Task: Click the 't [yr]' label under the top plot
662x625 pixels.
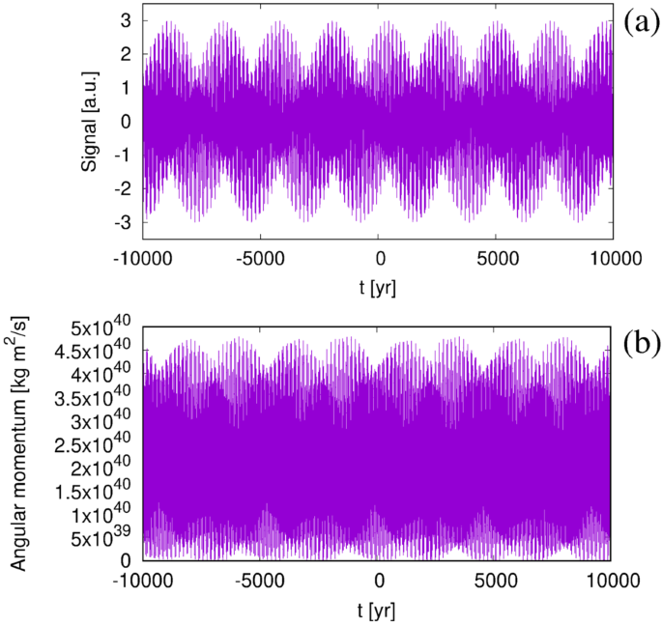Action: pyautogui.click(x=378, y=287)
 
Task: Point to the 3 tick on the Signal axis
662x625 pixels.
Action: pyautogui.click(x=127, y=18)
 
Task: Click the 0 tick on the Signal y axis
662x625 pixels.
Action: pyautogui.click(x=127, y=121)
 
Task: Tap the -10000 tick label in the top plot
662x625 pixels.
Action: pyautogui.click(x=144, y=258)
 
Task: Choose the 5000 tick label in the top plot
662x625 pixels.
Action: pyautogui.click(x=496, y=258)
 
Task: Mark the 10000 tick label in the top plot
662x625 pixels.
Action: pyautogui.click(x=614, y=258)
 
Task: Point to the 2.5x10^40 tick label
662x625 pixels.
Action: pyautogui.click(x=96, y=444)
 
